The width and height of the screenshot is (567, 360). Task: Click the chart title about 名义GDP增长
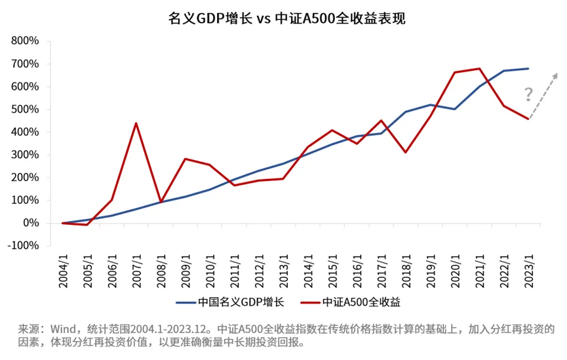click(x=283, y=18)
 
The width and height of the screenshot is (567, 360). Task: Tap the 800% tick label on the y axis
click(x=26, y=41)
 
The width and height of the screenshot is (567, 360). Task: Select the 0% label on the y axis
click(x=31, y=224)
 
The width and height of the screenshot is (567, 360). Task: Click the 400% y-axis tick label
click(x=26, y=132)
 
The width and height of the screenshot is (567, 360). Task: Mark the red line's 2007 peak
click(x=136, y=123)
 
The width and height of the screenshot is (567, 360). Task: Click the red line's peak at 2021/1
click(x=480, y=68)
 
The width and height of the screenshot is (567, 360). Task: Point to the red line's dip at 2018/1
click(x=406, y=152)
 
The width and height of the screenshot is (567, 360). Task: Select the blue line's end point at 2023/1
click(x=528, y=68)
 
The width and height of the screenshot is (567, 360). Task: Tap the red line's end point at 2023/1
click(x=528, y=119)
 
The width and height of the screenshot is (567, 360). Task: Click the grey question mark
click(x=528, y=95)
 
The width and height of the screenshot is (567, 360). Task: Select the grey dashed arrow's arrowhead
click(x=556, y=73)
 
